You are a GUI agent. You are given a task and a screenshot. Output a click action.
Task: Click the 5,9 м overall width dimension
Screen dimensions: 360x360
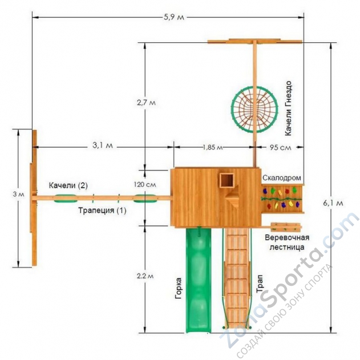[x=174, y=17]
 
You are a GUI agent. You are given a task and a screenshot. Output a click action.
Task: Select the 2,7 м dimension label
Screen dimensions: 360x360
[x=146, y=102]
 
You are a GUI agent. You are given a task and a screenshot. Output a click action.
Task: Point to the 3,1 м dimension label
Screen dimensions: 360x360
[x=103, y=145]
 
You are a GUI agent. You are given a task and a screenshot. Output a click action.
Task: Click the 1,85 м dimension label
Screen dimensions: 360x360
[x=213, y=147]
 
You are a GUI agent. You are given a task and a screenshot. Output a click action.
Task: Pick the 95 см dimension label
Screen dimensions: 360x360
[x=280, y=147]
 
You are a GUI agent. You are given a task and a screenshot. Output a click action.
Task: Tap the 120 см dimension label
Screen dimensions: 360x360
[x=145, y=184]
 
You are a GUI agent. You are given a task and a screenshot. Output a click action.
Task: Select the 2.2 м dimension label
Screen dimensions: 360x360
[x=145, y=276]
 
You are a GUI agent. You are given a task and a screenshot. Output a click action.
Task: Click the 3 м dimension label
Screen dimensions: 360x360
[x=18, y=195]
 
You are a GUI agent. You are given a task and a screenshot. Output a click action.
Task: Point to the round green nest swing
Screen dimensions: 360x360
[x=254, y=110]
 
